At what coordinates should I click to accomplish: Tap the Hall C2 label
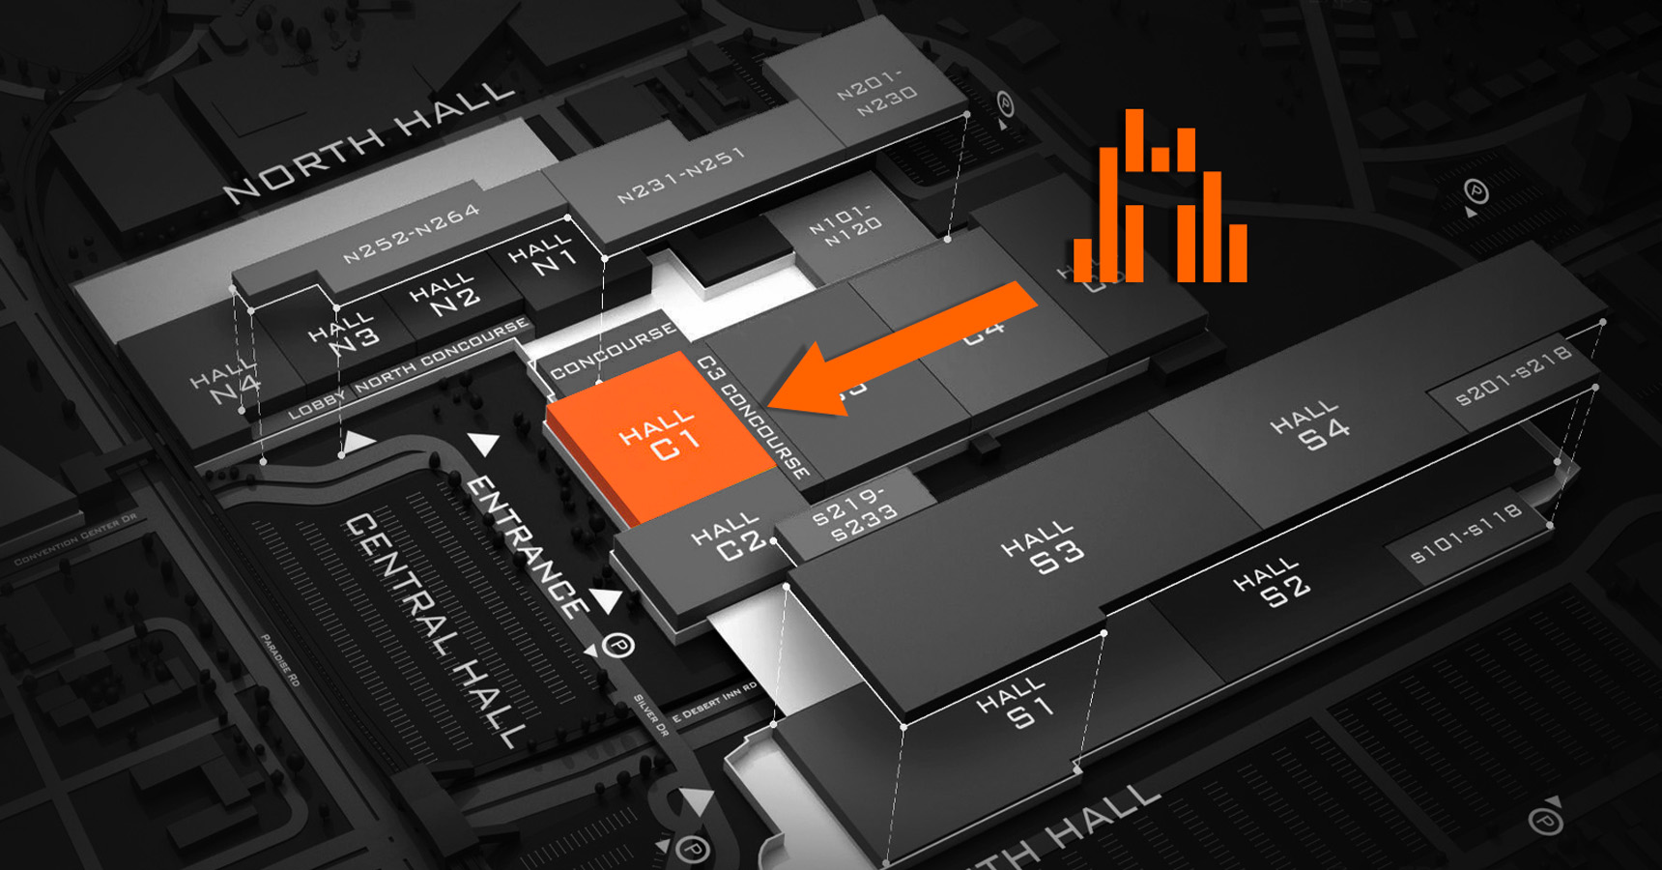pyautogui.click(x=731, y=539)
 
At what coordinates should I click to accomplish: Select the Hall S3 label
pyautogui.click(x=1044, y=548)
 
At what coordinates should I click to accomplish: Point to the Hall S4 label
pyautogui.click(x=1311, y=426)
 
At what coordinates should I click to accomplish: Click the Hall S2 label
pyautogui.click(x=1273, y=583)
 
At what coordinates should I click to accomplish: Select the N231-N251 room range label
pyautogui.click(x=681, y=175)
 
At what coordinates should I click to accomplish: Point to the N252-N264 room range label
pyautogui.click(x=411, y=233)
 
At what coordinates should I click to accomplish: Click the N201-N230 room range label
pyautogui.click(x=876, y=92)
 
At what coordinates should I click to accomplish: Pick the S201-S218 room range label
pyautogui.click(x=1513, y=374)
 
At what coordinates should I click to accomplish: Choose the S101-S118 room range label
pyautogui.click(x=1466, y=532)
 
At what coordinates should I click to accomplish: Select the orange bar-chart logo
pyautogui.click(x=1161, y=203)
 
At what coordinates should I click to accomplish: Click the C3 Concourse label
pyautogui.click(x=754, y=417)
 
